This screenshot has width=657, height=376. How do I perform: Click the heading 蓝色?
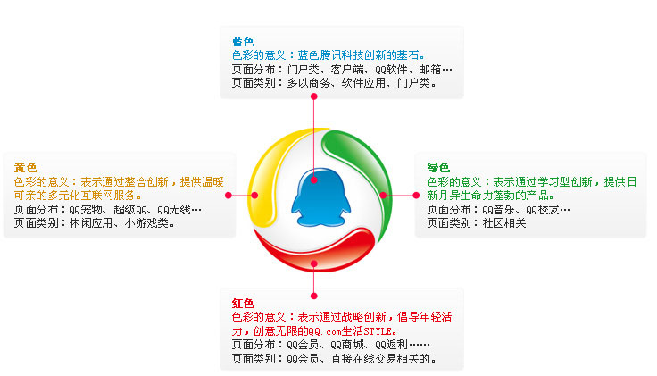243,41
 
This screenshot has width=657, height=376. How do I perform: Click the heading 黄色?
26,168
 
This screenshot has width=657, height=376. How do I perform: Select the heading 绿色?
438,168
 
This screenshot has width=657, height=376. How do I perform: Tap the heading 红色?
243,303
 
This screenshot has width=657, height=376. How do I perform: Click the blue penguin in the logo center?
321,198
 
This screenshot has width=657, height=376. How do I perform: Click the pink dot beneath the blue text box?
314,96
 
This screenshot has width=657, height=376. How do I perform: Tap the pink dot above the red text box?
314,296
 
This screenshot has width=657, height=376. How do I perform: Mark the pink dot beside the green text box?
416,196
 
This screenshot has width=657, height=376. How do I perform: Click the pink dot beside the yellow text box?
229,196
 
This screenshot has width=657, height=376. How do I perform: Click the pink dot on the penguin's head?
314,180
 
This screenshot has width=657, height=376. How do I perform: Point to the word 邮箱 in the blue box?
429,69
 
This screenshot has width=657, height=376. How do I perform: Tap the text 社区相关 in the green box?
504,223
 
